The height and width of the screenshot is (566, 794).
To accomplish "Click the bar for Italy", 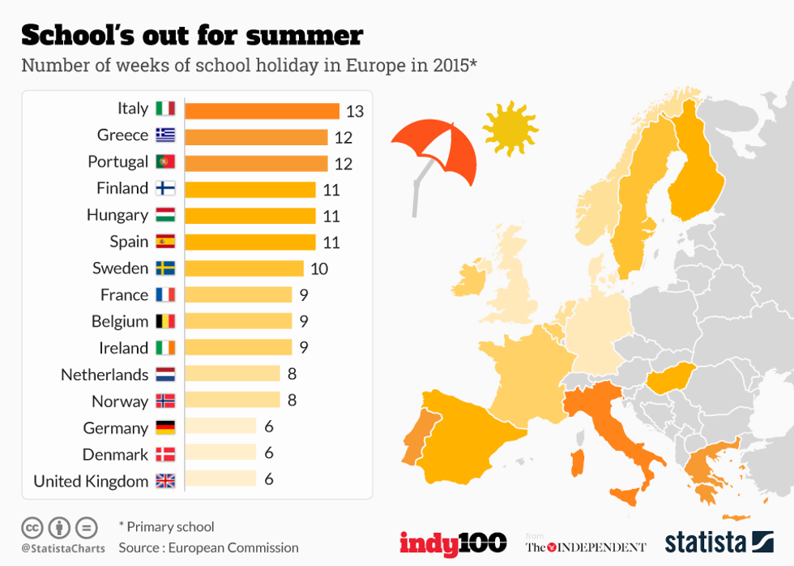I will [262, 110].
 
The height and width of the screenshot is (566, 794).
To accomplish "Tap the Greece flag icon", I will [165, 135].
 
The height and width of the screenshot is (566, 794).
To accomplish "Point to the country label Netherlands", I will [105, 375].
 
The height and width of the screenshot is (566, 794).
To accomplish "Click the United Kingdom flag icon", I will [165, 481].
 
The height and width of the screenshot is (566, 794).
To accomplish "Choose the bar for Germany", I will [220, 427].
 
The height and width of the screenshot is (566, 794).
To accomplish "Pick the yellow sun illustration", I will [510, 128].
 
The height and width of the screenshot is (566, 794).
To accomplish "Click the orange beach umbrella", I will [435, 154].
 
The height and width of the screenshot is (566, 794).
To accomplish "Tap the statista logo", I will [719, 542].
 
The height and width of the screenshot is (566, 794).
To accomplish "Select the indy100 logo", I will [452, 542].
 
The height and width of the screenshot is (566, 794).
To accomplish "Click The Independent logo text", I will [586, 547].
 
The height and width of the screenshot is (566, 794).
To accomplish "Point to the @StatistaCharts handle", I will [63, 549].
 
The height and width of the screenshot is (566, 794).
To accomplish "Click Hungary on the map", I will [672, 378].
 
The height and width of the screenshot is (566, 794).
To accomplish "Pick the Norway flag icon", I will [165, 401].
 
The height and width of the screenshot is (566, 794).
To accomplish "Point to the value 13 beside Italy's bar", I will [355, 111].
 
